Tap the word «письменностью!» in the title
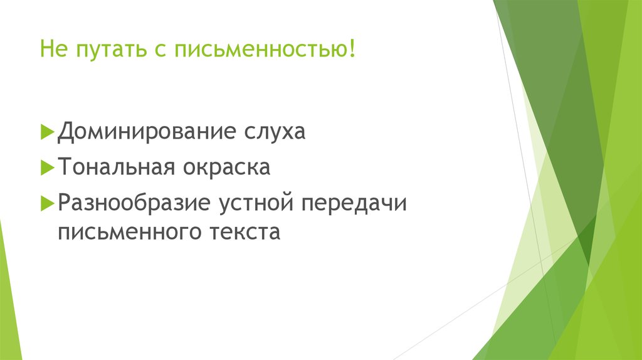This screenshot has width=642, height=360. [263, 49]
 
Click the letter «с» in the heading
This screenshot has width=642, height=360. [155, 49]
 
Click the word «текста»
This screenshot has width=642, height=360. [241, 232]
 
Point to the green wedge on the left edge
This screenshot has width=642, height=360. [8, 295]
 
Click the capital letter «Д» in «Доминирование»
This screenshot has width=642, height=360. [66, 133]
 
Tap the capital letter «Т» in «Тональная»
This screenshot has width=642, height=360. [65, 167]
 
